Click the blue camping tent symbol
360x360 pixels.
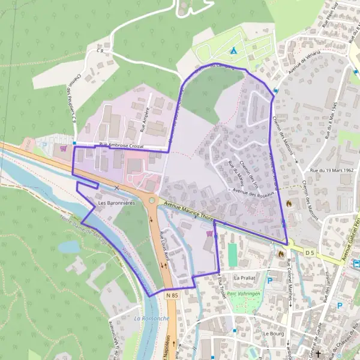click(x=233, y=50)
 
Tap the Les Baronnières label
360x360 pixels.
click(x=116, y=203)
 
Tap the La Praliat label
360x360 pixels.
click(x=245, y=278)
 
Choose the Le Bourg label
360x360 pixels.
click(x=272, y=333)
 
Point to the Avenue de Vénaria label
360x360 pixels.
click(x=305, y=62)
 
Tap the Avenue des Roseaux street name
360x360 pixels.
click(x=253, y=193)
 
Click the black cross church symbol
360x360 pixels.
click(x=318, y=354)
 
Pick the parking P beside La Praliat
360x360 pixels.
click(x=269, y=280)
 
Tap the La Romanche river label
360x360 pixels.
click(x=151, y=318)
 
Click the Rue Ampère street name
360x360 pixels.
click(x=144, y=119)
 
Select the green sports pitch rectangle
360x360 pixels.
click(x=232, y=254)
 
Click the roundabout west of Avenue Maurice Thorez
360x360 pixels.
click(x=152, y=200)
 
